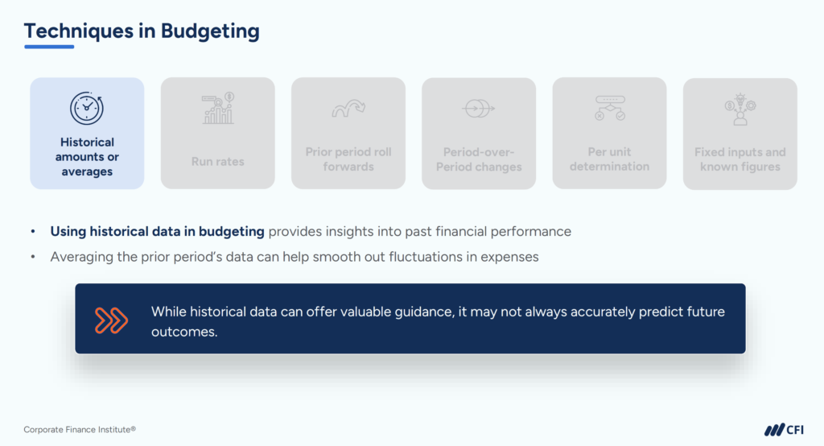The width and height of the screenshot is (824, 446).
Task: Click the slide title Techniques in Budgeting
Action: [142, 31]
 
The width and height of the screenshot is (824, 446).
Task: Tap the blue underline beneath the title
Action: [49, 47]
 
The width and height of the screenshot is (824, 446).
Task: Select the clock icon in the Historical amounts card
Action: [86, 109]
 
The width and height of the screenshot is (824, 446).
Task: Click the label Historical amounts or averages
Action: [87, 157]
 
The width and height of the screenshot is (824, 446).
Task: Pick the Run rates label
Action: [217, 161]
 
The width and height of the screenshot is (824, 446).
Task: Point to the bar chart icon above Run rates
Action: [217, 109]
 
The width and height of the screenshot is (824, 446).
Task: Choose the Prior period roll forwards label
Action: [348, 159]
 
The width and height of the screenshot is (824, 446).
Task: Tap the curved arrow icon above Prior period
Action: [348, 108]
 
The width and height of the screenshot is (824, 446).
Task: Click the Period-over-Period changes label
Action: [479, 159]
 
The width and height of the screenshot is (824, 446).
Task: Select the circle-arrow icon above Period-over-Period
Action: [478, 108]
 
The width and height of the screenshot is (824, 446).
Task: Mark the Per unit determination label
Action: [609, 159]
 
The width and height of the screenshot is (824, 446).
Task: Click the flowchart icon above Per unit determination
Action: [609, 108]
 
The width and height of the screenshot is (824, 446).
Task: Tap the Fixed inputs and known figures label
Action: [740, 159]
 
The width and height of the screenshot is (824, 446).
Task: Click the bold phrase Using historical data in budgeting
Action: [157, 232]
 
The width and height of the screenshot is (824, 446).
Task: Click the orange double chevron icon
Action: [112, 320]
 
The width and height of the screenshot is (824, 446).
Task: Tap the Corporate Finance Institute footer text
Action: [74, 430]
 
